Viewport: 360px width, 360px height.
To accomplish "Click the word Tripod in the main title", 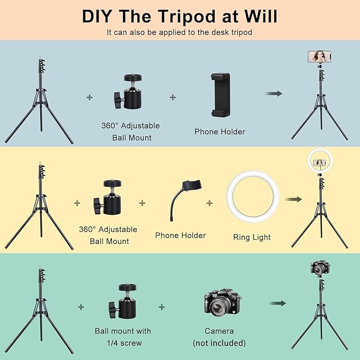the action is click(187, 16).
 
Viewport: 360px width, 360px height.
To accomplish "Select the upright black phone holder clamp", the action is click(221, 95).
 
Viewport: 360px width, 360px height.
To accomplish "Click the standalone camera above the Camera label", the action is click(223, 302).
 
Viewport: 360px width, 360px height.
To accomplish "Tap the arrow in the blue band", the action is click(274, 93).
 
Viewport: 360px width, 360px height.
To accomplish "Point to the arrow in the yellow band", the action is click(293, 199).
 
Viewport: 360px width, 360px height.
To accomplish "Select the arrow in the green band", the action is click(277, 303).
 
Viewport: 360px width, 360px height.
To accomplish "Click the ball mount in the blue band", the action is click(128, 91).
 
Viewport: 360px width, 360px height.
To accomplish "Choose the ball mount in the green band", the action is click(122, 301).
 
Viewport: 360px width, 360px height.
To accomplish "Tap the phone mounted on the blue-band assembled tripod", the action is click(319, 57).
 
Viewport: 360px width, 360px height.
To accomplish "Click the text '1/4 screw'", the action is click(124, 343).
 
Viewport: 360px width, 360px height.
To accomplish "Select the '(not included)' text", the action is click(219, 343).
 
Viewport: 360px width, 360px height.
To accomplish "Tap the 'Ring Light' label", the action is click(252, 238).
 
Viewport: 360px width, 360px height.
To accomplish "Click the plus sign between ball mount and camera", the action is click(162, 307).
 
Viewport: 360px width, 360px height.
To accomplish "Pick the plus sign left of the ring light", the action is click(209, 203).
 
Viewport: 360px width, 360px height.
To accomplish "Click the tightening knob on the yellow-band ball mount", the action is click(98, 206).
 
